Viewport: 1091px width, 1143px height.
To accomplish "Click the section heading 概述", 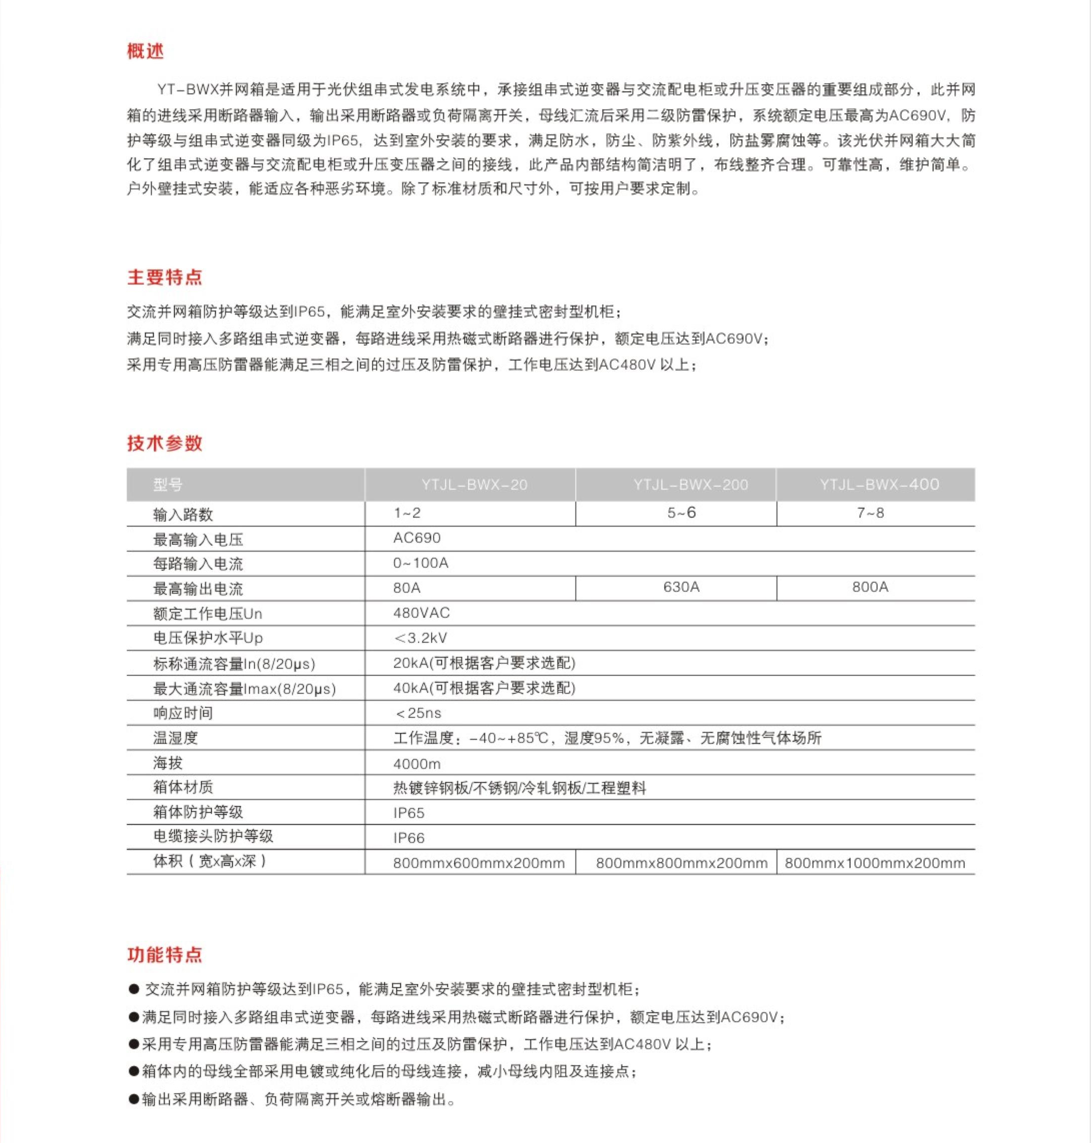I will (x=146, y=51).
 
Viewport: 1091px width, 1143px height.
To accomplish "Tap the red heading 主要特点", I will (x=165, y=277).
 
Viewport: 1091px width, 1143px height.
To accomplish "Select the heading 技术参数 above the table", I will (x=165, y=443).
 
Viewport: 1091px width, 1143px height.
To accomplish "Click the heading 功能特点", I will (x=165, y=955).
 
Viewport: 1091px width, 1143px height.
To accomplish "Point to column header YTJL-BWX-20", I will (x=474, y=484).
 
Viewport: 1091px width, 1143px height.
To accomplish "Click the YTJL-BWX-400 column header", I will (x=879, y=484).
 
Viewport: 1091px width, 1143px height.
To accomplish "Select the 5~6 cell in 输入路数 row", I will (x=681, y=513).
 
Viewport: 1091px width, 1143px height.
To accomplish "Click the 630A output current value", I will (x=681, y=587).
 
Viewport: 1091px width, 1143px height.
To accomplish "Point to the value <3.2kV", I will (x=420, y=638).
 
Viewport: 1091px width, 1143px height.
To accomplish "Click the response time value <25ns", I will (x=418, y=713).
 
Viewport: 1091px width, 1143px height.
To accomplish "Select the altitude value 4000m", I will (x=416, y=763).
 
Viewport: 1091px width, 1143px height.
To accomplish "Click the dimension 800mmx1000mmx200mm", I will (x=875, y=863).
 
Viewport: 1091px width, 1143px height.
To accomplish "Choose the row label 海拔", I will (x=168, y=763).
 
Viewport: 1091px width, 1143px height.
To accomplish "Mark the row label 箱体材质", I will (x=183, y=787).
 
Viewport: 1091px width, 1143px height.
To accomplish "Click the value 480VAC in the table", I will (x=421, y=613).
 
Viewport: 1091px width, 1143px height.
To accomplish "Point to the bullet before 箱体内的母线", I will (x=134, y=1071).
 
